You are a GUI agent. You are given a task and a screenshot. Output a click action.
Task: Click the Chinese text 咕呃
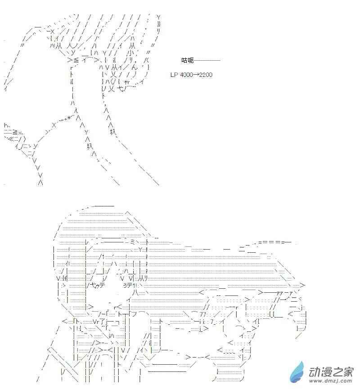pyautogui.click(x=188, y=60)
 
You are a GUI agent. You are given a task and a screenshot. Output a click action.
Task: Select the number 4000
pyautogui.click(x=186, y=75)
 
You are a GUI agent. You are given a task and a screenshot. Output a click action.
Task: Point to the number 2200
pyautogui.click(x=206, y=75)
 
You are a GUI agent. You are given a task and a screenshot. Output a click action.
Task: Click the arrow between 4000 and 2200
pyautogui.click(x=196, y=75)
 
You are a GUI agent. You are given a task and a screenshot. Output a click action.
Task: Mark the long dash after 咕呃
pyautogui.click(x=207, y=60)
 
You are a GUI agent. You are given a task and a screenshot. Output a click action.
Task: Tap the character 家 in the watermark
pyautogui.click(x=347, y=371)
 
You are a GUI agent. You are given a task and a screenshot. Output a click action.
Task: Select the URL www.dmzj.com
pyautogui.click(x=330, y=381)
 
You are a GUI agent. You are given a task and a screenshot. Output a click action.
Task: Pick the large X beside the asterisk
pyautogui.click(x=54, y=125)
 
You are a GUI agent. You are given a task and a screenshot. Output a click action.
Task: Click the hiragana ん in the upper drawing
pyautogui.click(x=134, y=67)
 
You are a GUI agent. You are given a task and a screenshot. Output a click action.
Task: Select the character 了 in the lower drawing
pyautogui.click(x=103, y=322)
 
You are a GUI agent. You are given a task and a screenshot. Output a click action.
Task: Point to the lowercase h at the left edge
pyautogui.click(x=6, y=125)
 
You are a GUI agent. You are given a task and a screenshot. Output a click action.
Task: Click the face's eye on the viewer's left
pyautogui.click(x=96, y=285)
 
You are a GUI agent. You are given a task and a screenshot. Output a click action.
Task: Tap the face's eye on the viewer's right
pyautogui.click(x=130, y=285)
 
